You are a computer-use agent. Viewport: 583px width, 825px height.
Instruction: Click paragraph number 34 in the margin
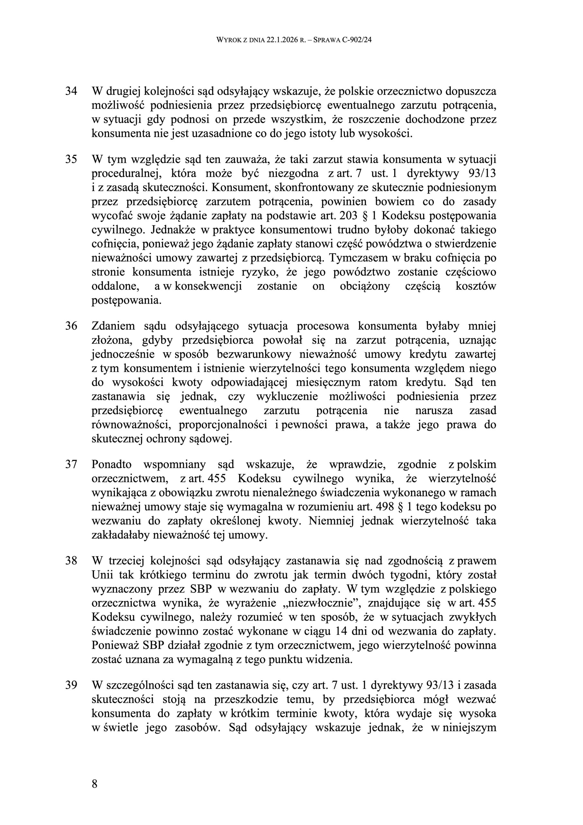pyautogui.click(x=71, y=91)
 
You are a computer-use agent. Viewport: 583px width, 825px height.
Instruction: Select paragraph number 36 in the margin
pyautogui.click(x=71, y=326)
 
